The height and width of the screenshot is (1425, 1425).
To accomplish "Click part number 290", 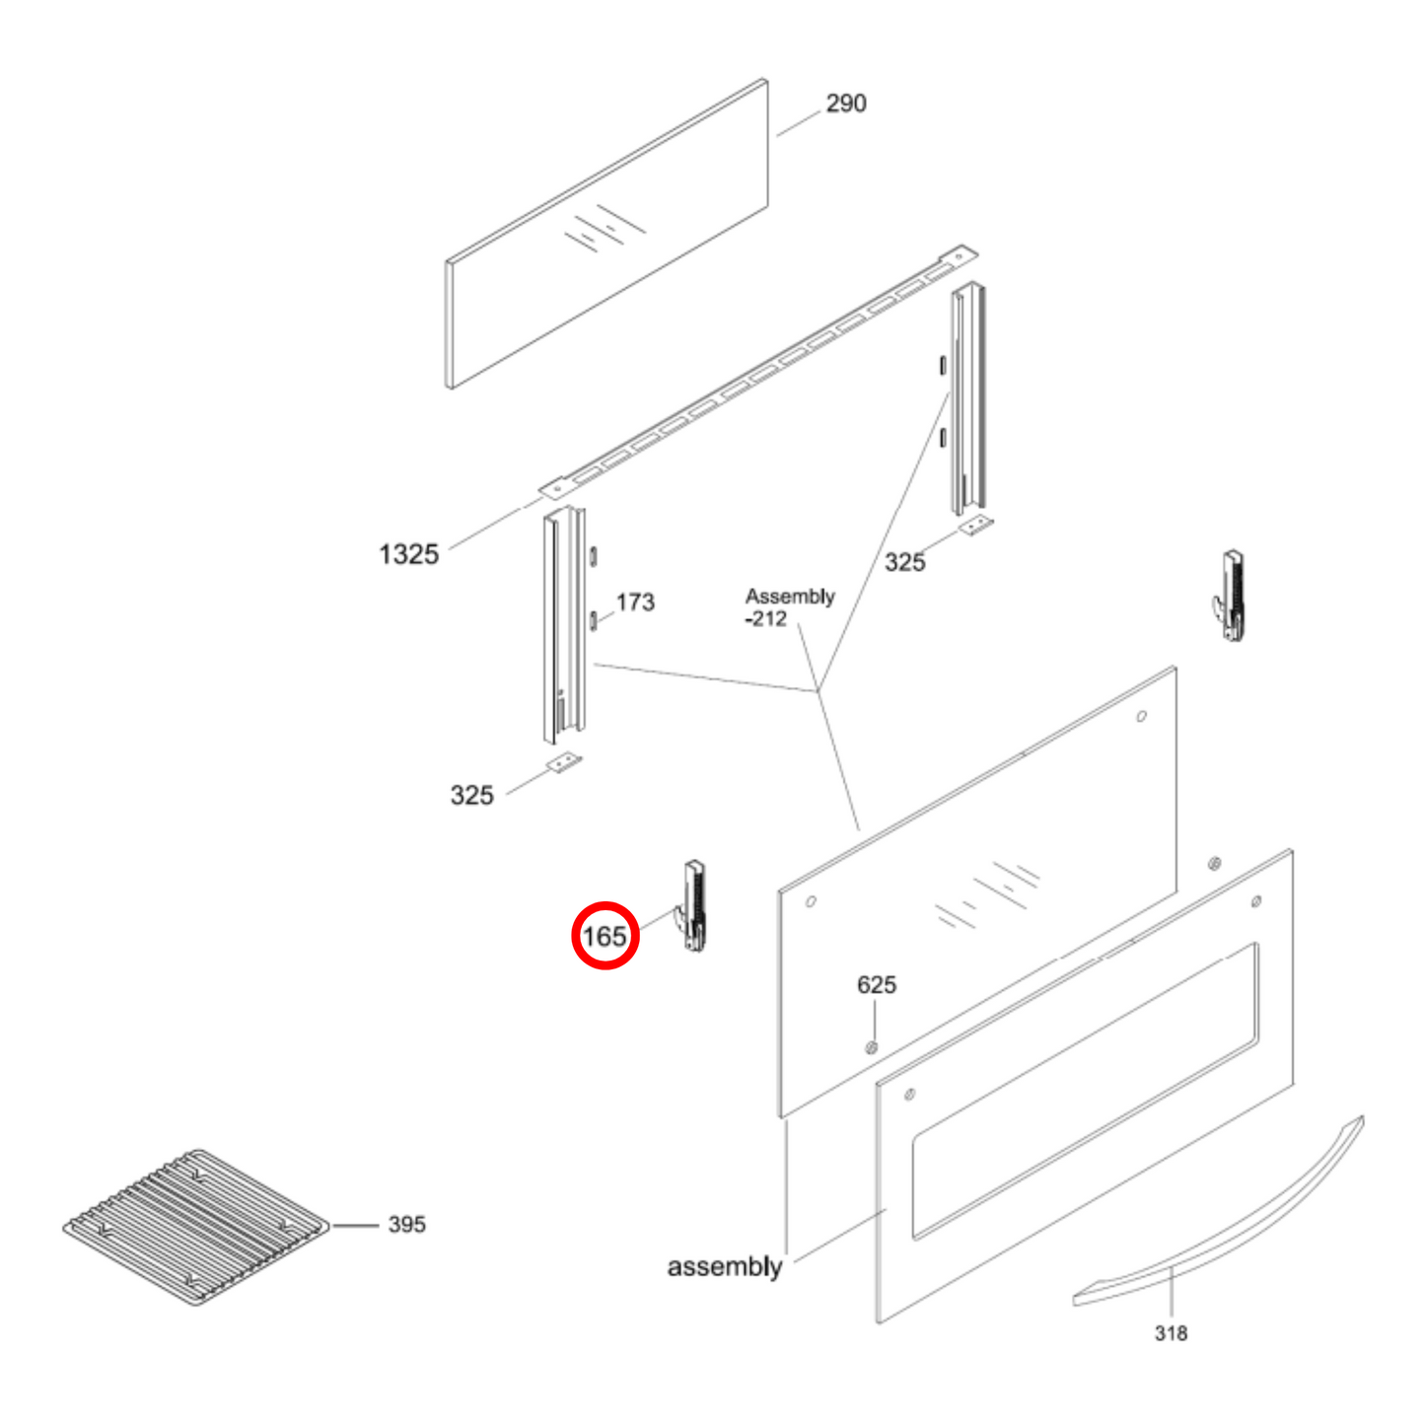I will tap(845, 104).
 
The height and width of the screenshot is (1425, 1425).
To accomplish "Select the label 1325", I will tap(408, 554).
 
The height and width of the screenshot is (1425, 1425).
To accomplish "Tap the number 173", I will tap(635, 602).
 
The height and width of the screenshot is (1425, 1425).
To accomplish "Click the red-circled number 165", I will tap(605, 936).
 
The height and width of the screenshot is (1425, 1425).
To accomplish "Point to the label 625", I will tap(876, 984).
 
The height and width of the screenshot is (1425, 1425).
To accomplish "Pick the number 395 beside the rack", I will tap(406, 1224).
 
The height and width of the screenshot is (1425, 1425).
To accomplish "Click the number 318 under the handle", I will tap(1171, 1333).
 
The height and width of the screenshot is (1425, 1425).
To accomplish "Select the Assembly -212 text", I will tap(788, 607).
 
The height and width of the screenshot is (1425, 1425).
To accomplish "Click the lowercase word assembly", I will tap(724, 1266).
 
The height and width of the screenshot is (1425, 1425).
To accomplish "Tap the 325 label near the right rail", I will tap(904, 562).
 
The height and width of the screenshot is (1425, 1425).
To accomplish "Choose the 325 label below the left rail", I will tap(471, 795).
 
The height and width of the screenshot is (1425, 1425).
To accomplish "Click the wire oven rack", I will tap(195, 1225).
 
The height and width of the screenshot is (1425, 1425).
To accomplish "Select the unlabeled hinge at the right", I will tap(1231, 596).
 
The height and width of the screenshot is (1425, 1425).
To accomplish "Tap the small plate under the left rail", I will tap(564, 762).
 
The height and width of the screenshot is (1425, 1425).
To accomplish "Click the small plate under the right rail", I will tap(976, 526).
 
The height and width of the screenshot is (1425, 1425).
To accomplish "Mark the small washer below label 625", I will tap(871, 1047).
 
